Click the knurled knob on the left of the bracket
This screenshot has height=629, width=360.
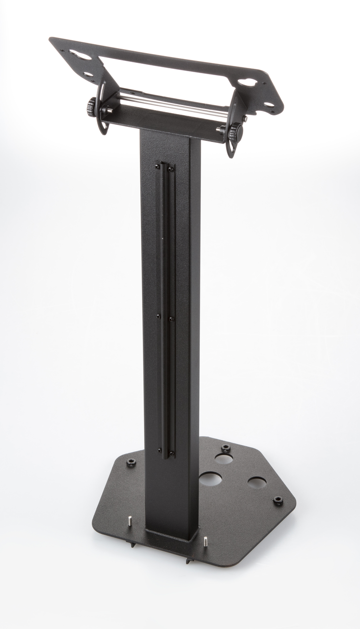[x=92, y=104]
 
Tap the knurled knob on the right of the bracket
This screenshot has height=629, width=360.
[x=236, y=131]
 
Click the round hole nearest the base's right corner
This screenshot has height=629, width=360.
[x=257, y=482]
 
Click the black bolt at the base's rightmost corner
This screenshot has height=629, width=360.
[x=278, y=500]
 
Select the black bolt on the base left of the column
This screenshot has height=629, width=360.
[x=131, y=462]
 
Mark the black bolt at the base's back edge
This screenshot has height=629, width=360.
[x=225, y=448]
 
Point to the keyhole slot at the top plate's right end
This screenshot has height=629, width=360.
[x=249, y=83]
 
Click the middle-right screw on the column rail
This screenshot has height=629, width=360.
[x=171, y=319]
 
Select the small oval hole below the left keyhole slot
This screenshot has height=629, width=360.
[x=89, y=74]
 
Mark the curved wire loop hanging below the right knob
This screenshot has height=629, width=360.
[x=230, y=147]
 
